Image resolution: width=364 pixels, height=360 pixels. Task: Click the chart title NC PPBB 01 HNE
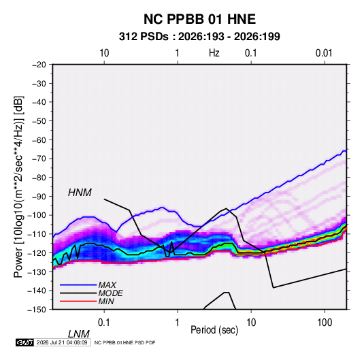199,19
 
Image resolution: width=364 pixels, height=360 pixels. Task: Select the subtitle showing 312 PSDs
199,37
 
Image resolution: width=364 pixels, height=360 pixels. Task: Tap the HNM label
80,193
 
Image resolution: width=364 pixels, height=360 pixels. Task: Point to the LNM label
78,334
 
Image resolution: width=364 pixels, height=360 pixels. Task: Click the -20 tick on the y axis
39,65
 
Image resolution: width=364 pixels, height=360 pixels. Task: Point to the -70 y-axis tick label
39,159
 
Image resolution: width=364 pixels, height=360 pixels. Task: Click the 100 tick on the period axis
325,323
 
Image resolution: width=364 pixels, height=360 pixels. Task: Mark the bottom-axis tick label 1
178,323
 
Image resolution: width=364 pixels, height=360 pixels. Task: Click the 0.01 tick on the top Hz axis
324,53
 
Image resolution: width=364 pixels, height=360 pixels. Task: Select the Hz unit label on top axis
214,53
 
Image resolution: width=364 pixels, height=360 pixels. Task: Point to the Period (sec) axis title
214,330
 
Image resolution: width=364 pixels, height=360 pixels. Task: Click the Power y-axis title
18,187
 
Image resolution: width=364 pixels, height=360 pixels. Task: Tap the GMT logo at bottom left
25,342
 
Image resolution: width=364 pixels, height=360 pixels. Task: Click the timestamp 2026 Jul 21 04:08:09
62,342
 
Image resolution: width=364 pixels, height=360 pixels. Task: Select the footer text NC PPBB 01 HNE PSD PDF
125,342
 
